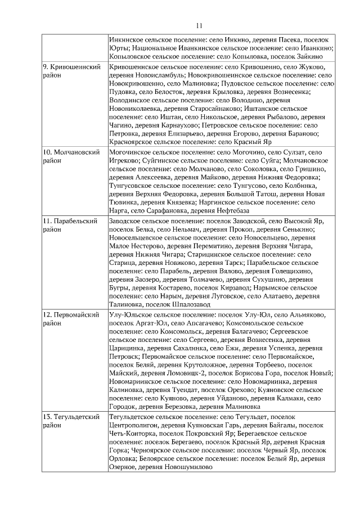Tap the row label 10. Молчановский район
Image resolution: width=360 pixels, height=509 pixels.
(x=72, y=156)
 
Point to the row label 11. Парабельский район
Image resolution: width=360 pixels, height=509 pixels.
(x=70, y=225)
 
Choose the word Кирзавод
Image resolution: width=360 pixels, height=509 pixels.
(x=242, y=287)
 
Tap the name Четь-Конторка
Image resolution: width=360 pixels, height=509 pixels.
(x=132, y=434)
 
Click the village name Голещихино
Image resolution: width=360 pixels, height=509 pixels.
(x=304, y=270)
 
